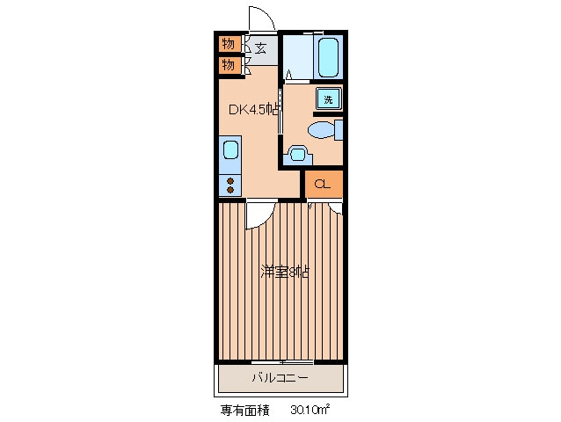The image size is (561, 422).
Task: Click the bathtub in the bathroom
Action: [328, 58]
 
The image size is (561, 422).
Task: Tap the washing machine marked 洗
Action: [328, 99]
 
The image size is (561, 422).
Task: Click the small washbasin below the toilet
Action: [296, 156]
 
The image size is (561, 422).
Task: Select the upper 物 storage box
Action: [229, 44]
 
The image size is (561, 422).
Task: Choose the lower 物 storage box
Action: [229, 65]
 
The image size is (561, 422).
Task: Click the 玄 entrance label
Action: [260, 48]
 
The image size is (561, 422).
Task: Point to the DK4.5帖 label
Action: [255, 110]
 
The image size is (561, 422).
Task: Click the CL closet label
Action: [323, 184]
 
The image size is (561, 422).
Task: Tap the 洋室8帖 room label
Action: [283, 272]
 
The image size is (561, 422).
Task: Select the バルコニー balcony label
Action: [280, 378]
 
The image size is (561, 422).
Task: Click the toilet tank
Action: [339, 131]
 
